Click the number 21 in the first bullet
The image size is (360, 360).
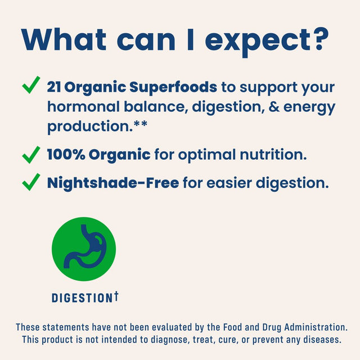[x=54, y=87]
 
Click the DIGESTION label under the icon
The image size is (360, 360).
[x=82, y=298]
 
